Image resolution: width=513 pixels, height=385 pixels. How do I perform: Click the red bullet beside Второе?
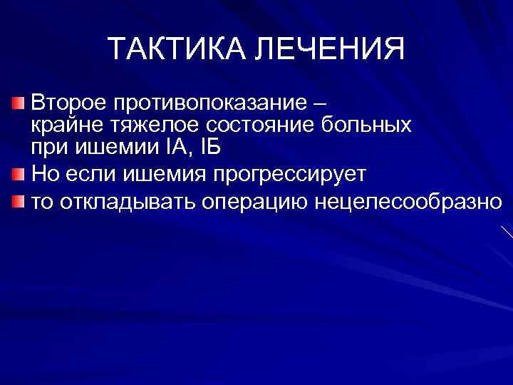20,104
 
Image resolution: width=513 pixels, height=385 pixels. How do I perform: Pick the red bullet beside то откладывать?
20,202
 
